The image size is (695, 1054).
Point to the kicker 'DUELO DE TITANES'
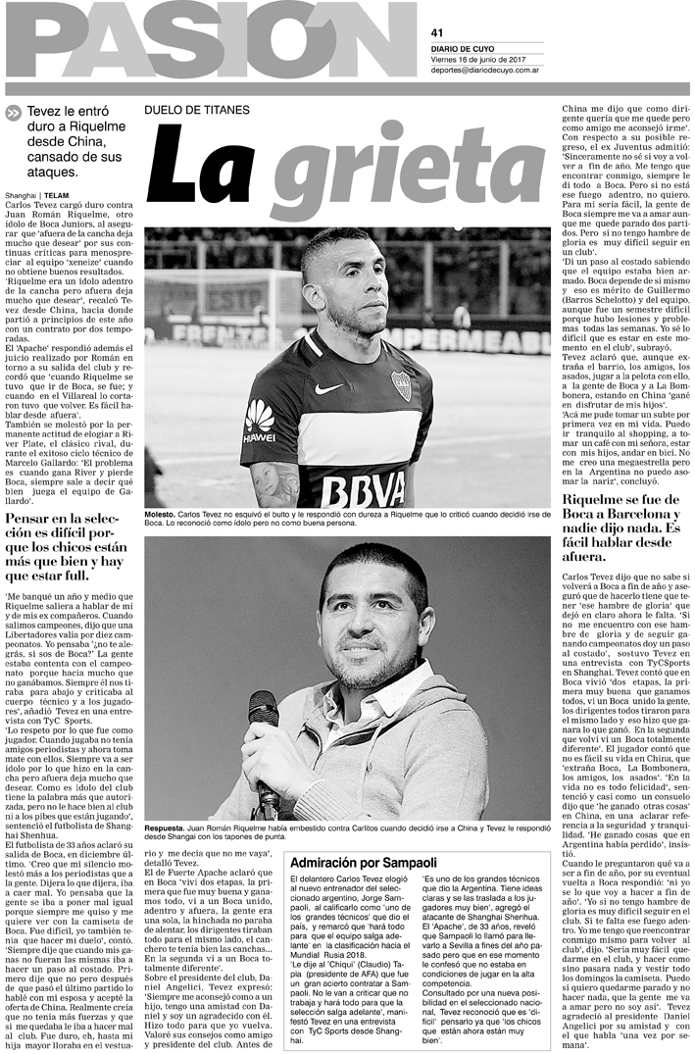tap(196, 110)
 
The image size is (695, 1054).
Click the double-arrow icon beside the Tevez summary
tap(13, 113)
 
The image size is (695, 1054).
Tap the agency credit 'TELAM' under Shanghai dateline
tap(57, 194)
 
